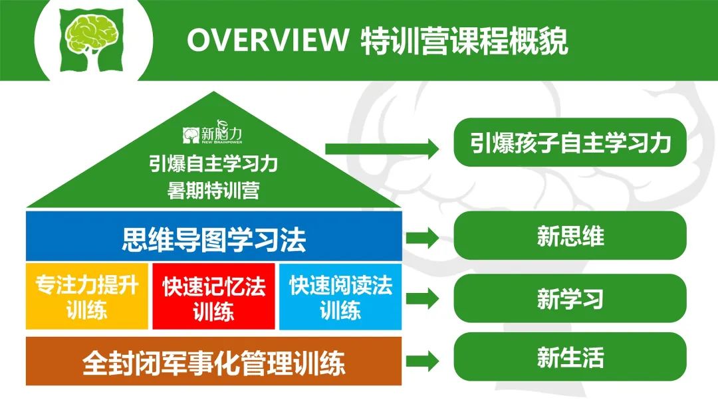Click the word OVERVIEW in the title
coord(267,41)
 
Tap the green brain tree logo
coord(92,41)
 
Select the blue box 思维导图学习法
coord(214,236)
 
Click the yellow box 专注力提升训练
coord(87,296)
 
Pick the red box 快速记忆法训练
coord(214,296)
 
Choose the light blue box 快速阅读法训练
coord(340,296)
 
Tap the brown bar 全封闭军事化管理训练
coord(214,361)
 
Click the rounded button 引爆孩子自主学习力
coord(570,142)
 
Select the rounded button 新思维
coord(570,236)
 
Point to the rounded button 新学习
coord(570,298)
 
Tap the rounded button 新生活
coord(570,357)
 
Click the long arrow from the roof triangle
coord(382,148)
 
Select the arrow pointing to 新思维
coord(422,237)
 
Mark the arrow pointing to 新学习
coord(422,299)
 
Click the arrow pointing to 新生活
coord(422,361)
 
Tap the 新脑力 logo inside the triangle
coord(213,133)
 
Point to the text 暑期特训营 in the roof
coord(213,190)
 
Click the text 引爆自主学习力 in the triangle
coord(213,163)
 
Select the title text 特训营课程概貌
coord(464,41)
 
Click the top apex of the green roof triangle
coord(213,92)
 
